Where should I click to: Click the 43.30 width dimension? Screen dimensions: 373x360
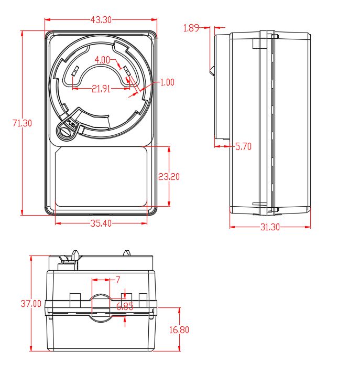(101, 20)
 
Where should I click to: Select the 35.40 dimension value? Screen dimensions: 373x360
(101, 223)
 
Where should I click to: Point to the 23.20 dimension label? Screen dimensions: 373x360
(169, 177)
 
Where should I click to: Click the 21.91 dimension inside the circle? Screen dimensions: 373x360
(101, 89)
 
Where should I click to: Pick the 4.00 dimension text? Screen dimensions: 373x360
(102, 60)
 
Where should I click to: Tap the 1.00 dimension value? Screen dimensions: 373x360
(167, 82)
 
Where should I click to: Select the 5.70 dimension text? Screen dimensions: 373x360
(243, 147)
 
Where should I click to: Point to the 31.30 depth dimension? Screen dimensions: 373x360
(270, 227)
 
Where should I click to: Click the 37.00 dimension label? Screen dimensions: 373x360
(30, 304)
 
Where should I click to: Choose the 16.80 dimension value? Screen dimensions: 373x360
(178, 330)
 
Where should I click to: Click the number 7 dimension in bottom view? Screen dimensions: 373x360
(118, 280)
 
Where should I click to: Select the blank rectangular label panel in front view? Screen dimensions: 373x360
(101, 177)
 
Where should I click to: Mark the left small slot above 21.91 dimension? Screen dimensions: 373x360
(75, 71)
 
